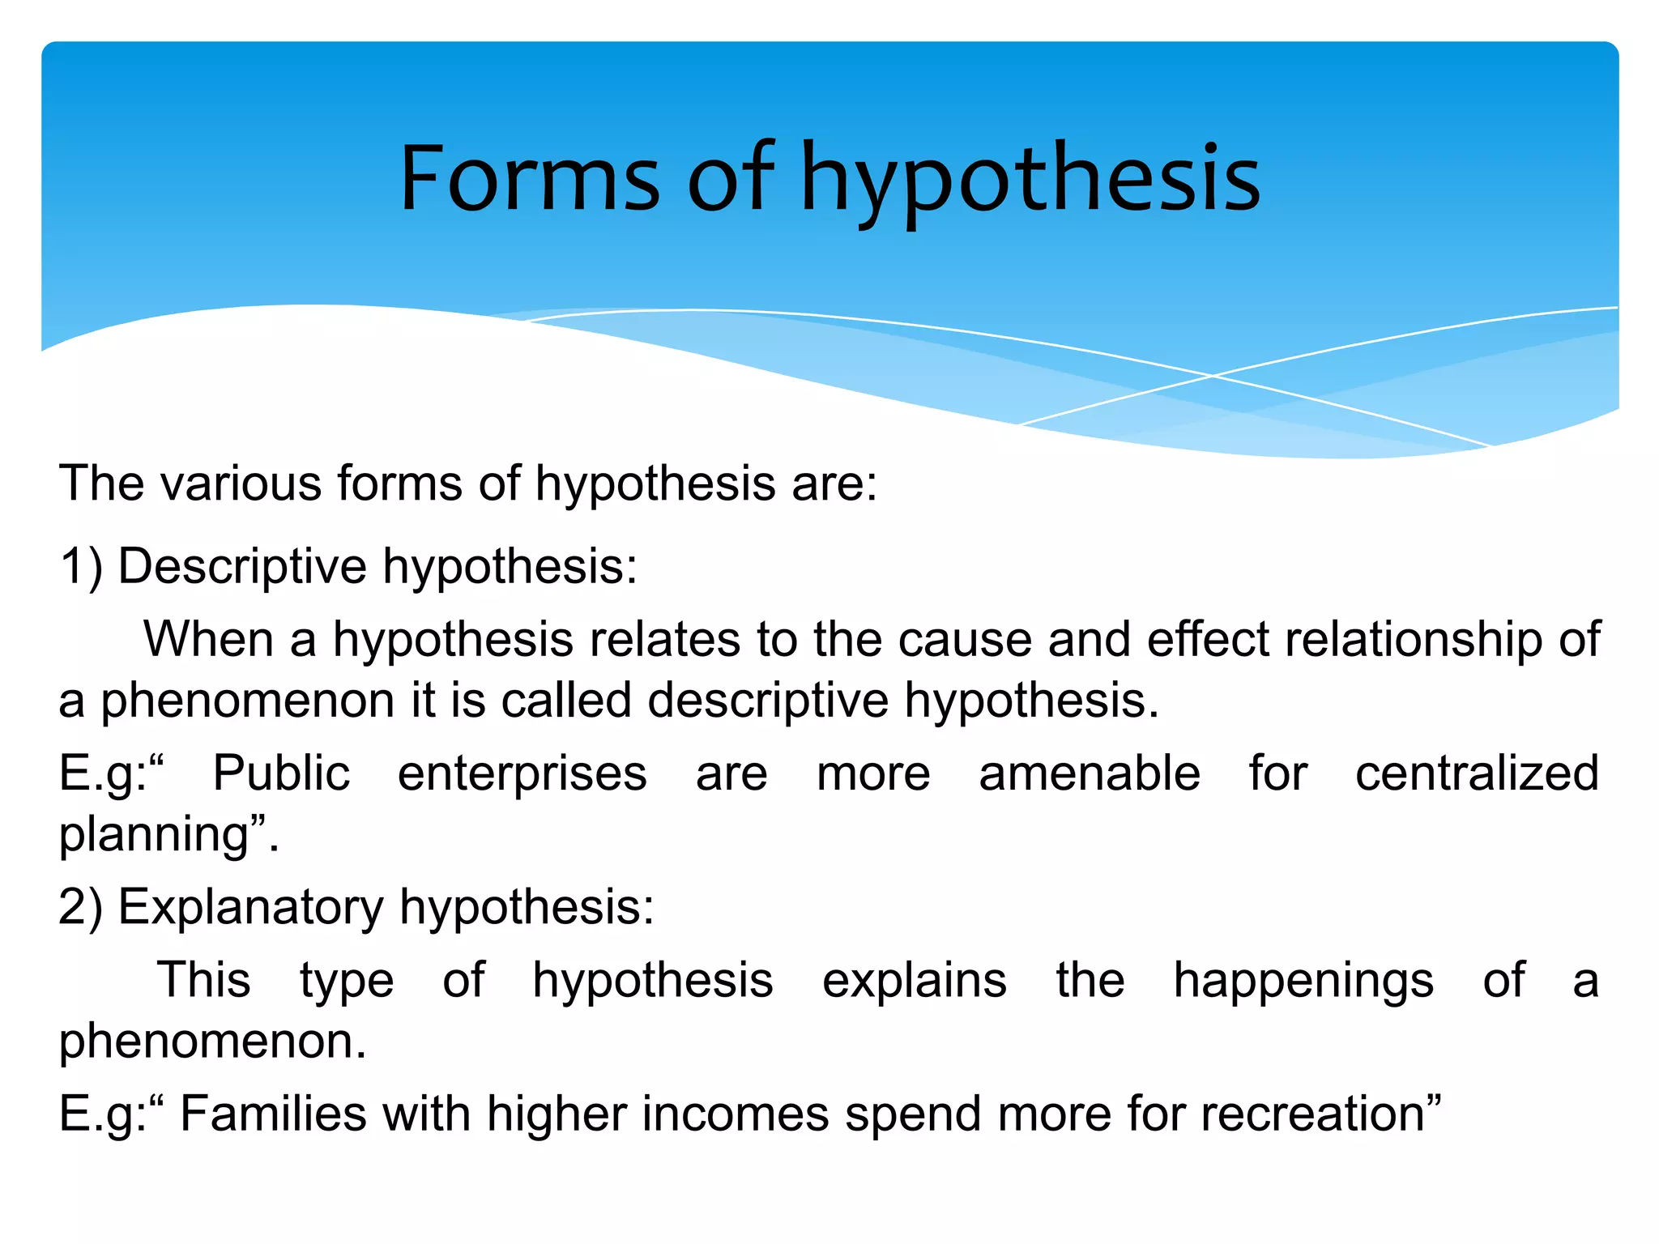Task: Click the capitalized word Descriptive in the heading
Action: [x=242, y=565]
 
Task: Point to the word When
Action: [x=208, y=639]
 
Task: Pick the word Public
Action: [x=281, y=773]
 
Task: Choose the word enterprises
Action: [x=522, y=773]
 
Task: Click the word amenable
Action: [x=1090, y=773]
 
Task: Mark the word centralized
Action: [x=1477, y=773]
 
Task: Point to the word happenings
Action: [x=1303, y=980]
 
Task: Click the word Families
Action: [x=273, y=1114]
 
